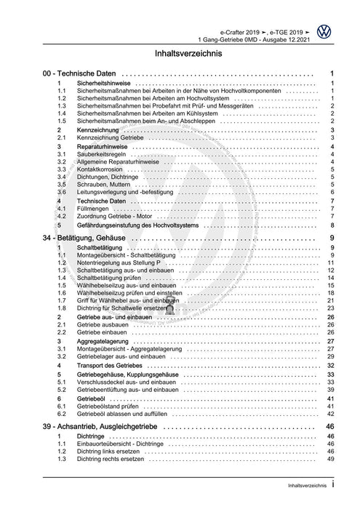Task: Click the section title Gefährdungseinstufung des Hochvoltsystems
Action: [148, 225]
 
